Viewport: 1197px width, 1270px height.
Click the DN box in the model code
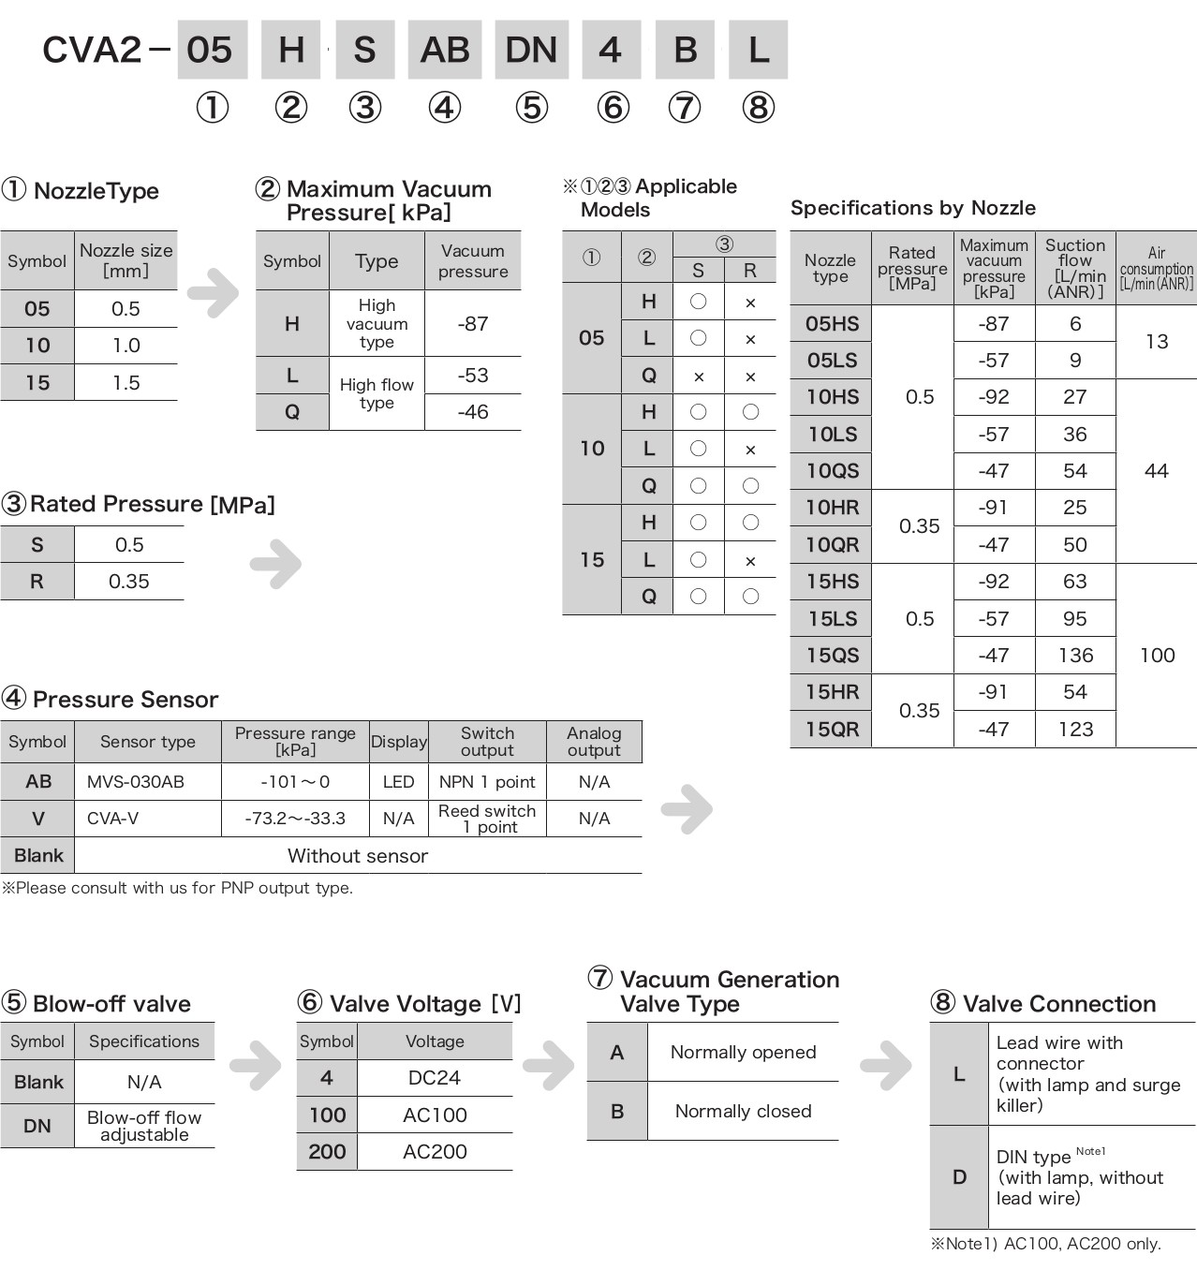coord(531,50)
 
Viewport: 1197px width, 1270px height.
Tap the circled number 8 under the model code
coord(758,108)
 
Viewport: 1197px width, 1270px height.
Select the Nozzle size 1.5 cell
coord(126,382)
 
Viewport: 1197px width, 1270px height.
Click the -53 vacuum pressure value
coord(472,375)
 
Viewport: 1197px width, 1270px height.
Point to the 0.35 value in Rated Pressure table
coord(128,582)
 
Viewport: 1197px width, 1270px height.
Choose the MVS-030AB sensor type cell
coord(135,781)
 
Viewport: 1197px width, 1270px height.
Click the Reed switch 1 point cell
coord(487,819)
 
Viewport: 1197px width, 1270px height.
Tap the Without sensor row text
coord(357,856)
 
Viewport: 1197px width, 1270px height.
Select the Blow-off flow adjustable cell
coord(144,1126)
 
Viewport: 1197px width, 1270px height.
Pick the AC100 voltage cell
coord(435,1115)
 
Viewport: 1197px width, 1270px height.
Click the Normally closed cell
coord(743,1111)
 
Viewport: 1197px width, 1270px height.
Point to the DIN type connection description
coord(1079,1177)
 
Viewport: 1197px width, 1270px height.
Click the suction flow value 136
coord(1075,656)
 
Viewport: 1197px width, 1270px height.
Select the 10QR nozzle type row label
coord(832,545)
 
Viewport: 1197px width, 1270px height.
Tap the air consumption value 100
coord(1157,656)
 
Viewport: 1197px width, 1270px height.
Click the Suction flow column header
coord(1075,268)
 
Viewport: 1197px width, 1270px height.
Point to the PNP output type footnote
coord(178,888)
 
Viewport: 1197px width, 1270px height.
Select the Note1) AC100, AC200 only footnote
coord(1045,1244)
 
